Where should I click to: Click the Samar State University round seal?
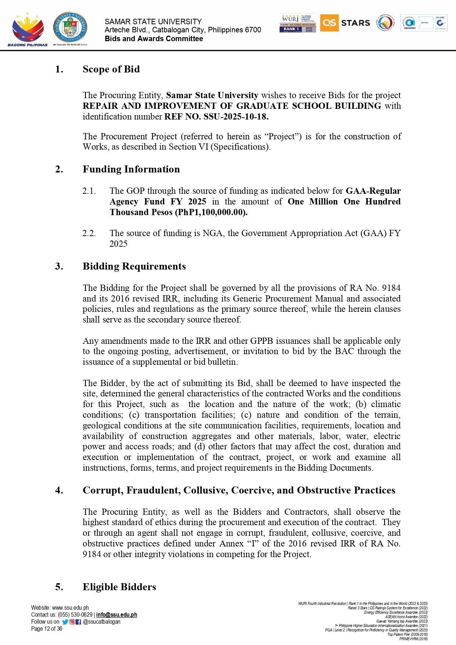pos(70,27)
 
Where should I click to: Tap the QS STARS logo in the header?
pos(345,23)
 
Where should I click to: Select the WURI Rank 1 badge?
pos(298,23)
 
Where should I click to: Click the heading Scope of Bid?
pos(111,69)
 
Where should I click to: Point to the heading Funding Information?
pos(131,169)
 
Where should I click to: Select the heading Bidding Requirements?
pos(134,266)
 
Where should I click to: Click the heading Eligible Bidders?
pos(119,587)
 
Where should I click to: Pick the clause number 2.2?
pos(89,233)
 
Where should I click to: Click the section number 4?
pos(59,490)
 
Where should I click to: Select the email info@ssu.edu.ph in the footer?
pos(116,614)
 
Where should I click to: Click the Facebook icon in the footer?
pos(78,622)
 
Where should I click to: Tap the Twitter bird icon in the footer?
pos(65,622)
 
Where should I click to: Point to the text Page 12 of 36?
pos(47,629)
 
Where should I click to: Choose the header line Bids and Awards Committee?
pos(154,39)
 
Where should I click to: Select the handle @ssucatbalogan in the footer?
pos(102,622)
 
